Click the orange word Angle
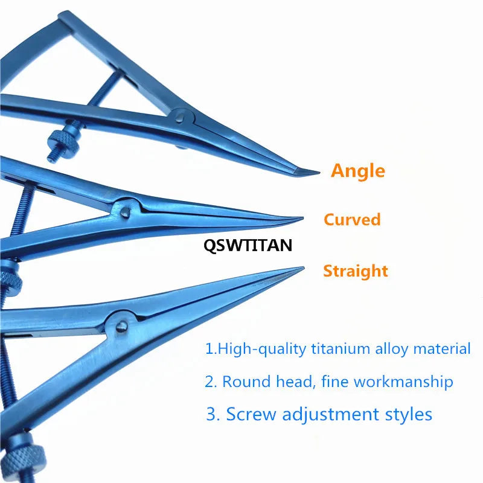click(357, 171)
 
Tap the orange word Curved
click(352, 219)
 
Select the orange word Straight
click(355, 271)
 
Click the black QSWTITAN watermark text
click(248, 245)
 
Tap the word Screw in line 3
click(251, 414)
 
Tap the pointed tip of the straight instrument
click(301, 269)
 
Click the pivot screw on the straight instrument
click(120, 326)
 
